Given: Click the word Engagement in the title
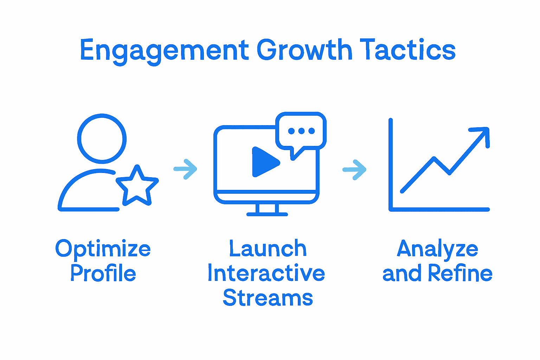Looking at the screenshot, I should click(x=165, y=50).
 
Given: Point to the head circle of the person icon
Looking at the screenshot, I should click(x=102, y=139).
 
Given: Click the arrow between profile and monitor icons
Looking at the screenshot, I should click(x=186, y=169).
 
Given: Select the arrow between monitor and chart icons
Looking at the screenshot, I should click(x=354, y=170).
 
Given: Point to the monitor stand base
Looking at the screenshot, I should click(x=267, y=213).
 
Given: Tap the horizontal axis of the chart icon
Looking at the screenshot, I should click(x=439, y=210).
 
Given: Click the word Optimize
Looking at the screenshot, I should click(x=103, y=249).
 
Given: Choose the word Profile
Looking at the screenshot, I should click(x=103, y=273).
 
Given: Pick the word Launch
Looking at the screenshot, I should click(x=268, y=249).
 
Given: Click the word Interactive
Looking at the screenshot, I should click(x=266, y=273).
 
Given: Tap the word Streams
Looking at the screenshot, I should click(x=268, y=298).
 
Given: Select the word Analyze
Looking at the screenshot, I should click(x=437, y=249).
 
